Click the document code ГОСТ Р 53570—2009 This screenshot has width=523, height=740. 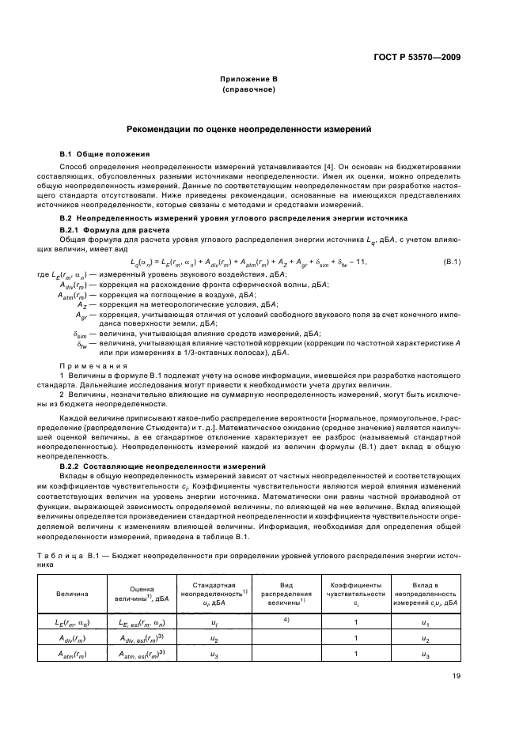(419, 58)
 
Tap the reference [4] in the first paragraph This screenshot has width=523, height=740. (328, 166)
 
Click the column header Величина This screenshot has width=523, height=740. (72, 593)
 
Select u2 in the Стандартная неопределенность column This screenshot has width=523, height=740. (214, 638)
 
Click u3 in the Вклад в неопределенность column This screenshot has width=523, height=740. (425, 655)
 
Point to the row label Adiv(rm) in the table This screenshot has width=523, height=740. (72, 638)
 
